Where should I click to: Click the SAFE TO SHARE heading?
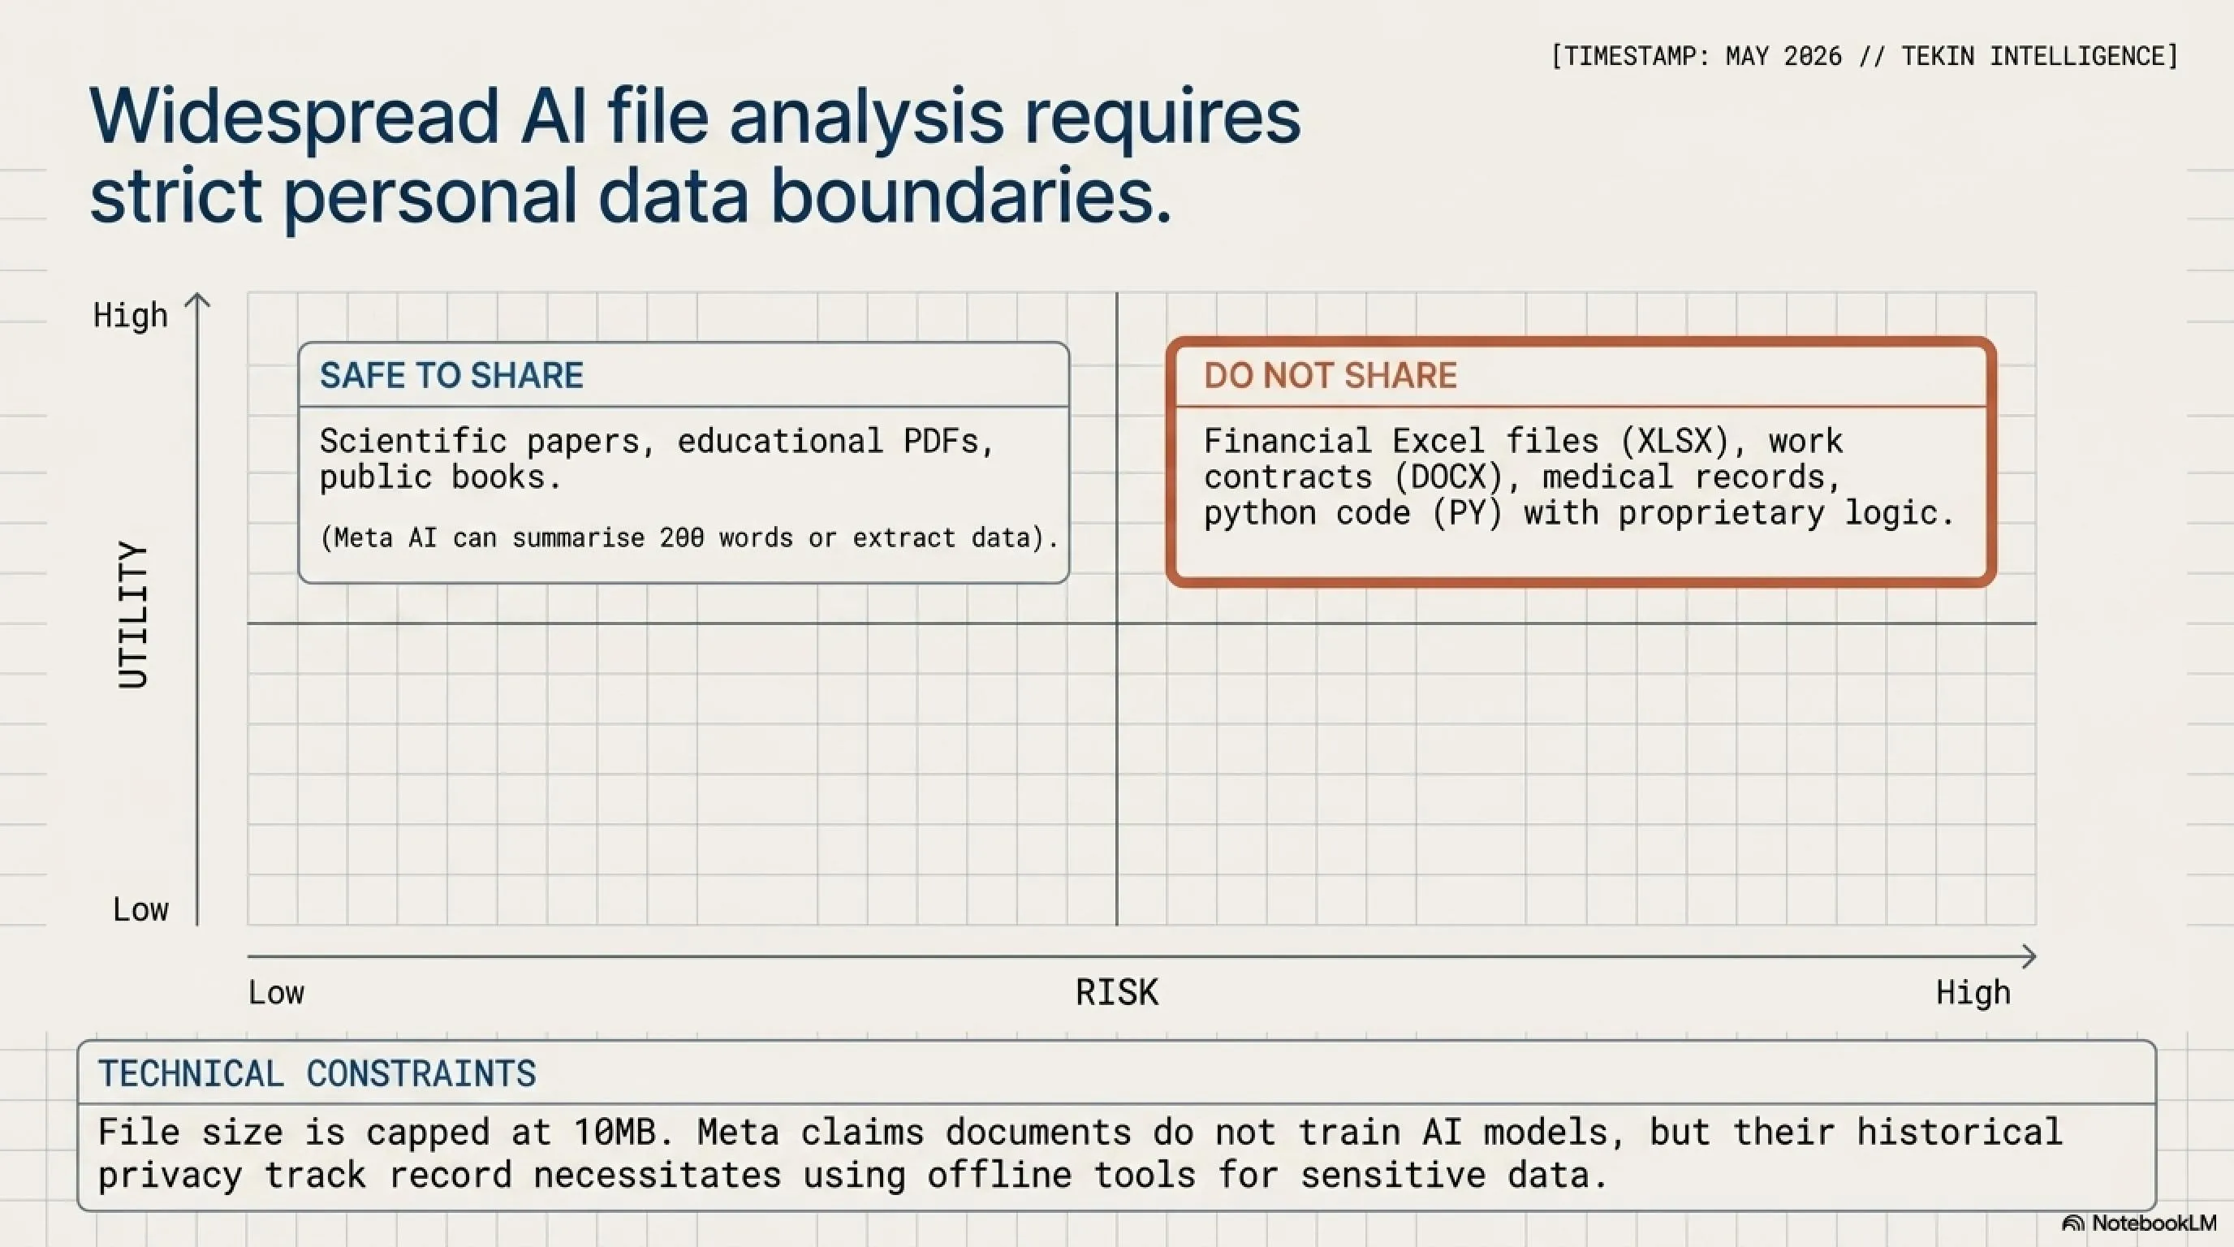coord(451,376)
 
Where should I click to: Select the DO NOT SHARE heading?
coord(1330,376)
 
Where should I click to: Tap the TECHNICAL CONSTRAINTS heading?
coord(317,1073)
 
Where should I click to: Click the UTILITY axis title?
coord(134,615)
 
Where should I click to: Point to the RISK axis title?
coord(1117,992)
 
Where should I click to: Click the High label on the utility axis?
coord(130,315)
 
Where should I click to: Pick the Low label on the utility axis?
coord(140,908)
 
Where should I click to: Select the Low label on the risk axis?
coord(277,992)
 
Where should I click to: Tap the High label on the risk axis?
coord(1973,992)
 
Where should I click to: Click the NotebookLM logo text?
coord(2154,1223)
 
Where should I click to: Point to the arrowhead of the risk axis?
coord(2029,956)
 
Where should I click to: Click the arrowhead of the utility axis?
coord(198,300)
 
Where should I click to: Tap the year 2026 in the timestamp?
coord(1813,56)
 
